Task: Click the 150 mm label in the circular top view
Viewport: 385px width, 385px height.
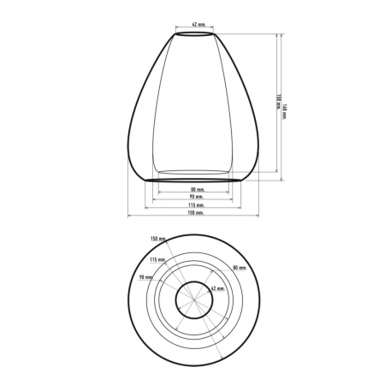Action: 157,239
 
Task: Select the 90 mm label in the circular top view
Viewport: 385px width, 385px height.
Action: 146,278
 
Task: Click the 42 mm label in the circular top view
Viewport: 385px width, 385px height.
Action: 217,291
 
